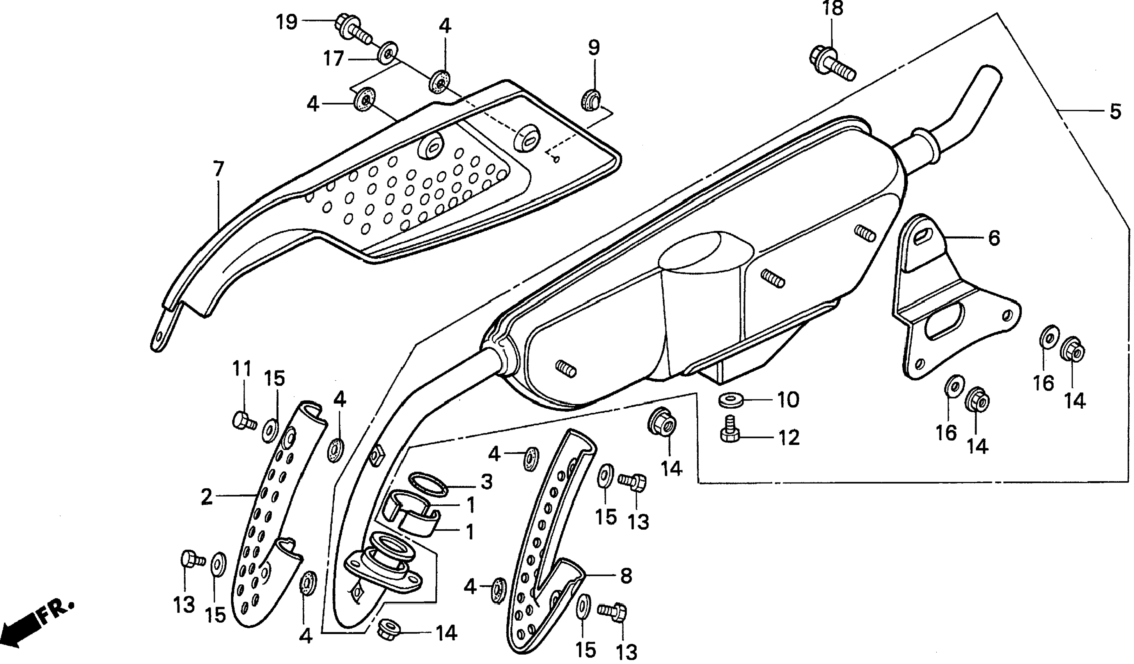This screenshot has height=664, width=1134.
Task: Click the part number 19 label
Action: [x=286, y=21]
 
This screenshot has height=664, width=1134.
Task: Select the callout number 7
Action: [x=218, y=169]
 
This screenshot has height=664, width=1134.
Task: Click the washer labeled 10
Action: [x=730, y=400]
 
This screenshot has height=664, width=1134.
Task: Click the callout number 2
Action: [x=206, y=497]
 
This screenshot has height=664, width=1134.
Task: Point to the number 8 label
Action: [x=626, y=575]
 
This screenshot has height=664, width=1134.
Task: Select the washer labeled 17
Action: [x=387, y=53]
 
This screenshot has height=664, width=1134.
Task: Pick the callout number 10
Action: [x=788, y=400]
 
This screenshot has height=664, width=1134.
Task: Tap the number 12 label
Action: [x=788, y=438]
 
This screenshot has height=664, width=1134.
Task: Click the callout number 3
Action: [x=486, y=482]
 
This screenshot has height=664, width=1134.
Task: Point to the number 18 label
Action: [x=832, y=9]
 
